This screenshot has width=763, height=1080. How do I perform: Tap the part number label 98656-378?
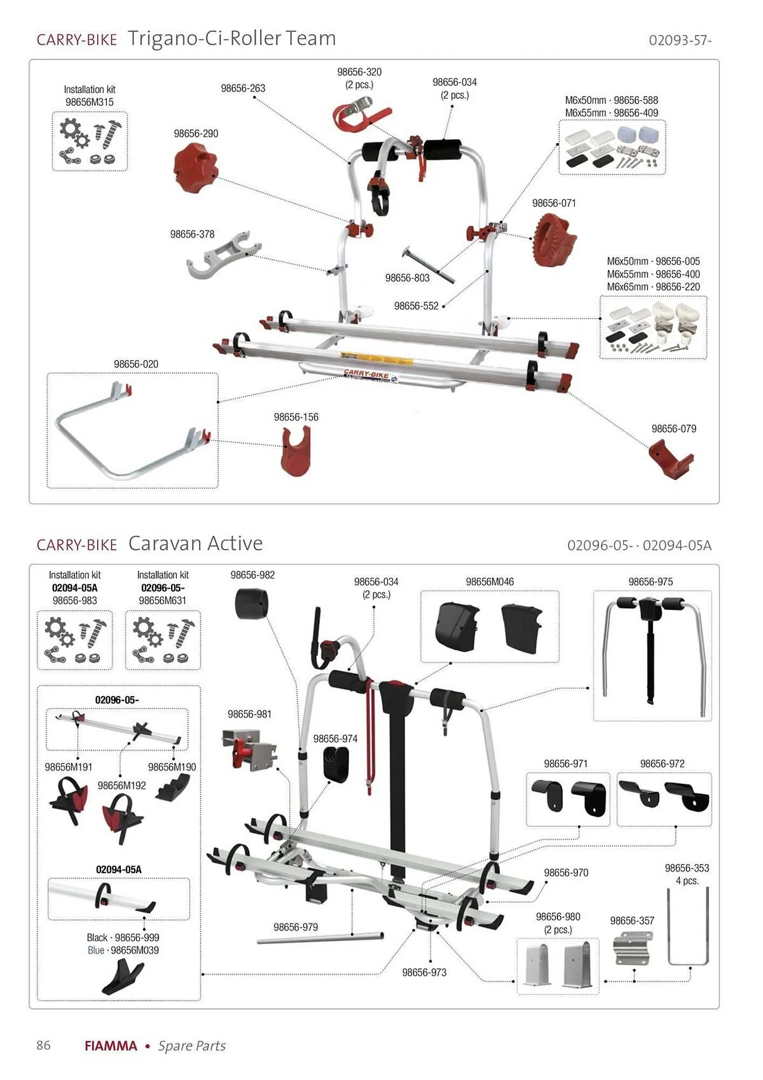click(192, 234)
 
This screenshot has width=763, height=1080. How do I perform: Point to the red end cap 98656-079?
click(670, 458)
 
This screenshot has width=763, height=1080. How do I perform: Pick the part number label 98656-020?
click(136, 364)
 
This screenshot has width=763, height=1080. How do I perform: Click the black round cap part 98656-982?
click(252, 604)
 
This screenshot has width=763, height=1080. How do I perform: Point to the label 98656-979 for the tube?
click(296, 927)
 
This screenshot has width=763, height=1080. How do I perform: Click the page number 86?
click(44, 1045)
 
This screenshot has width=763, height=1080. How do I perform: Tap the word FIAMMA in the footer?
click(111, 1046)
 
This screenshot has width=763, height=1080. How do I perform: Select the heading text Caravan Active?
click(195, 543)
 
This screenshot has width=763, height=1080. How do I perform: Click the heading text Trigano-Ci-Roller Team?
click(231, 38)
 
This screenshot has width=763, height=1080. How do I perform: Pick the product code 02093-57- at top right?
click(680, 40)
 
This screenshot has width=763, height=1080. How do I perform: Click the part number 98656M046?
click(489, 582)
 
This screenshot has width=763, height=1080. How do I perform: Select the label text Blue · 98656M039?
click(123, 950)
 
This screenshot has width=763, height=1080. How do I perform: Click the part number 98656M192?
click(122, 786)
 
